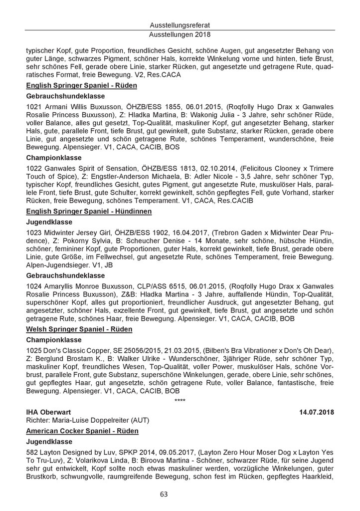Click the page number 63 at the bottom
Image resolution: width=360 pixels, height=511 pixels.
pyautogui.click(x=180, y=494)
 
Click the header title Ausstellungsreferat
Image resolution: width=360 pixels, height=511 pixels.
pyautogui.click(x=180, y=25)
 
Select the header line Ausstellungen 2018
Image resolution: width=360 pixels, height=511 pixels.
pyautogui.click(x=180, y=35)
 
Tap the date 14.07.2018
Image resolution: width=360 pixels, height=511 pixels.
pyautogui.click(x=316, y=412)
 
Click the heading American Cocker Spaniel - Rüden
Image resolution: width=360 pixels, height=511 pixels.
pyautogui.click(x=82, y=430)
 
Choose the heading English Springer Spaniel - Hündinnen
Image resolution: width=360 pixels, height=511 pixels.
pyautogui.click(x=89, y=212)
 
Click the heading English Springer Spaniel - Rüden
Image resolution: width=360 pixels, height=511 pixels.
pyautogui.click(x=81, y=85)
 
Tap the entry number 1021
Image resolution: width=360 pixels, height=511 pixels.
pyautogui.click(x=33, y=107)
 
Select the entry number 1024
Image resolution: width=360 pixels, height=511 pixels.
pyautogui.click(x=33, y=287)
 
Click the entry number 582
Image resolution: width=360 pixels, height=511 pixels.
pyautogui.click(x=31, y=453)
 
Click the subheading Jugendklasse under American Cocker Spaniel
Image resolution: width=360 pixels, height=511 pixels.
pyautogui.click(x=49, y=442)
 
